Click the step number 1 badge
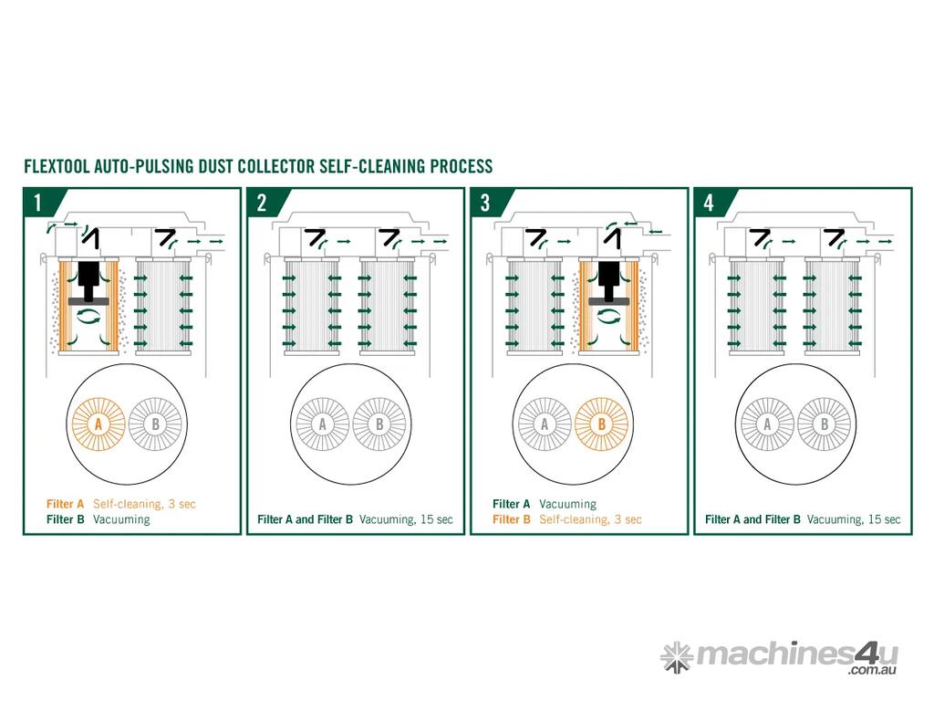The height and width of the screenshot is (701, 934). click(x=38, y=203)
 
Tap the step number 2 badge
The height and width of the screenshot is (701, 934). click(x=262, y=203)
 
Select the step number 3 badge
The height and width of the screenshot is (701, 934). click(x=485, y=203)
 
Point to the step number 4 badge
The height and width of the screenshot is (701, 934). click(x=709, y=203)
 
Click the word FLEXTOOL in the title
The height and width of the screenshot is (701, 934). click(x=57, y=166)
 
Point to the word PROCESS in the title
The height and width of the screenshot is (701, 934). click(x=462, y=166)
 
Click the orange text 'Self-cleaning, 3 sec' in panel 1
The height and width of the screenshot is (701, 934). click(x=144, y=504)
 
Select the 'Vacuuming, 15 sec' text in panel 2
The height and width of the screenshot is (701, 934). click(x=406, y=519)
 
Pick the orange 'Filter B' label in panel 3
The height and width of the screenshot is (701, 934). click(x=511, y=519)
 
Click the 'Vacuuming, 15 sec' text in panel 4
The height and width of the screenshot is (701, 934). click(x=854, y=519)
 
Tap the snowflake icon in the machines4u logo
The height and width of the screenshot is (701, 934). click(x=677, y=657)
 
